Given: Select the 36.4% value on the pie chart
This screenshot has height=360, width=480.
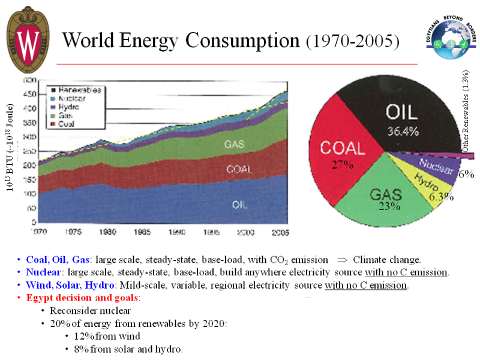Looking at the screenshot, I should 402,132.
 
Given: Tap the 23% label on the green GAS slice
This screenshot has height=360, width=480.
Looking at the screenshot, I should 389,206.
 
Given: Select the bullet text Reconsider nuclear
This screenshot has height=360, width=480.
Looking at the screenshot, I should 90,310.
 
